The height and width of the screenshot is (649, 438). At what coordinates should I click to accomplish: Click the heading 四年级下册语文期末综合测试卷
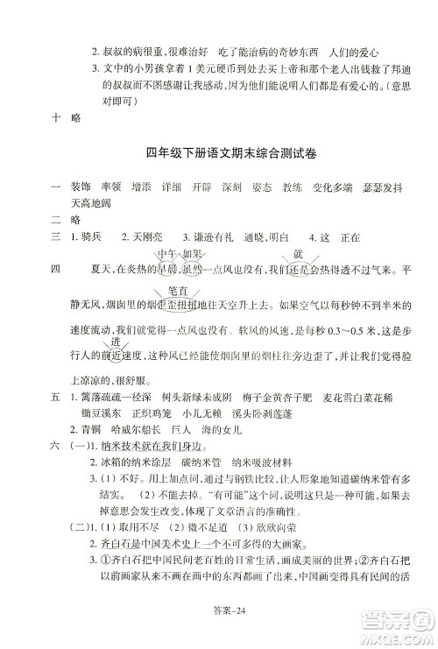point(219,152)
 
